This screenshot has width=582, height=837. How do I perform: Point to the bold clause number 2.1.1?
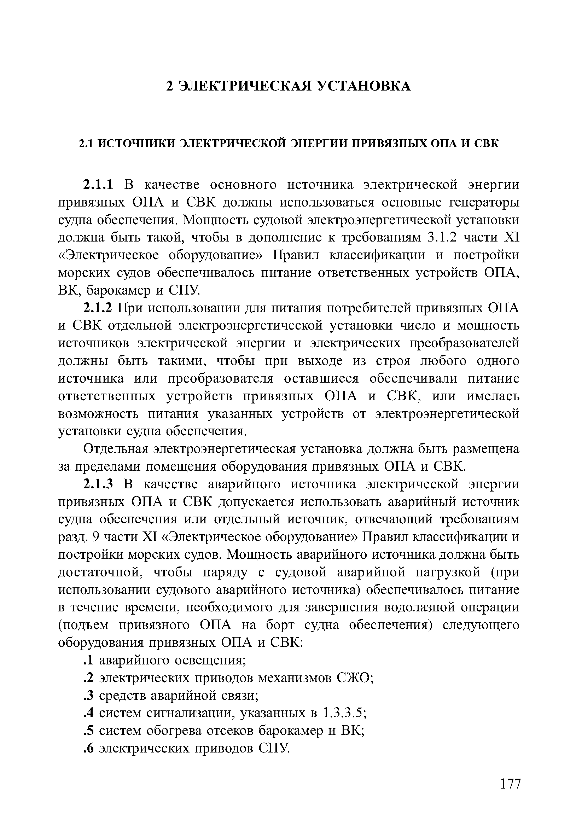99,185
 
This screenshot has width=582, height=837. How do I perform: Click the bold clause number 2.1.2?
99,308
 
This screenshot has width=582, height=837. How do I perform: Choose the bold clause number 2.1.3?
99,484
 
